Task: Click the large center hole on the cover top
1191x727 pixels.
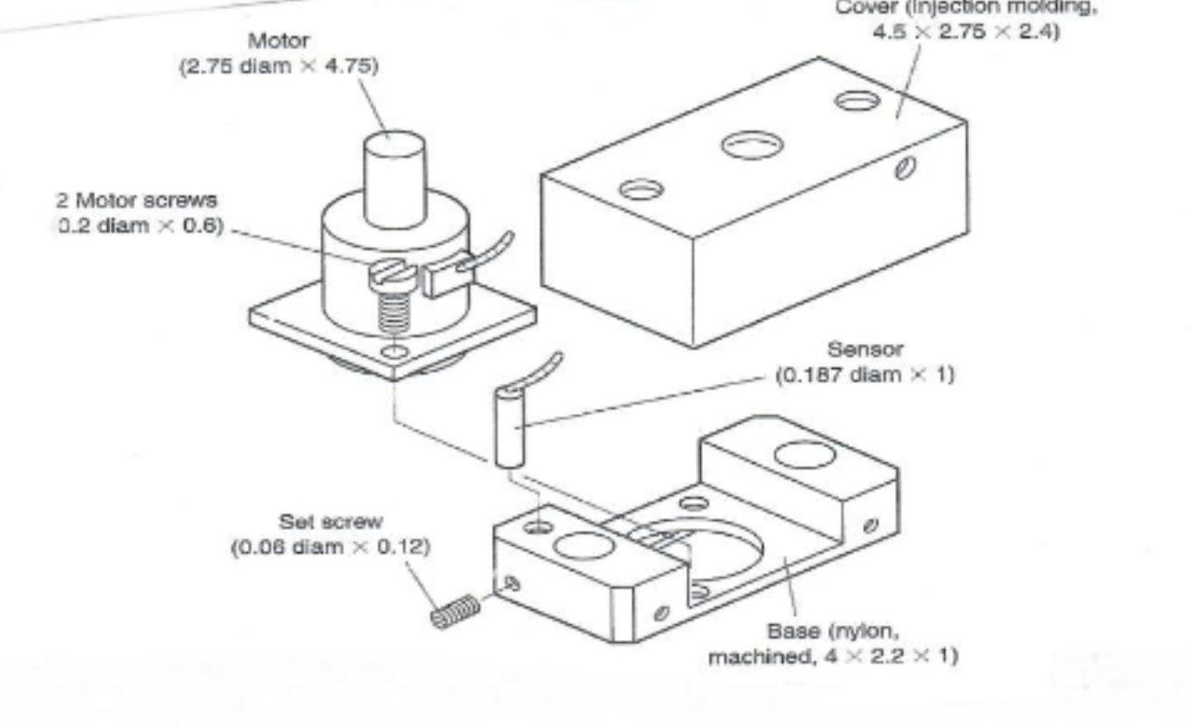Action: (x=753, y=144)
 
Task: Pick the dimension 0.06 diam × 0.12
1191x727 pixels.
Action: (x=328, y=545)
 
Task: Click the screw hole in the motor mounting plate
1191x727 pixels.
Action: (x=394, y=352)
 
